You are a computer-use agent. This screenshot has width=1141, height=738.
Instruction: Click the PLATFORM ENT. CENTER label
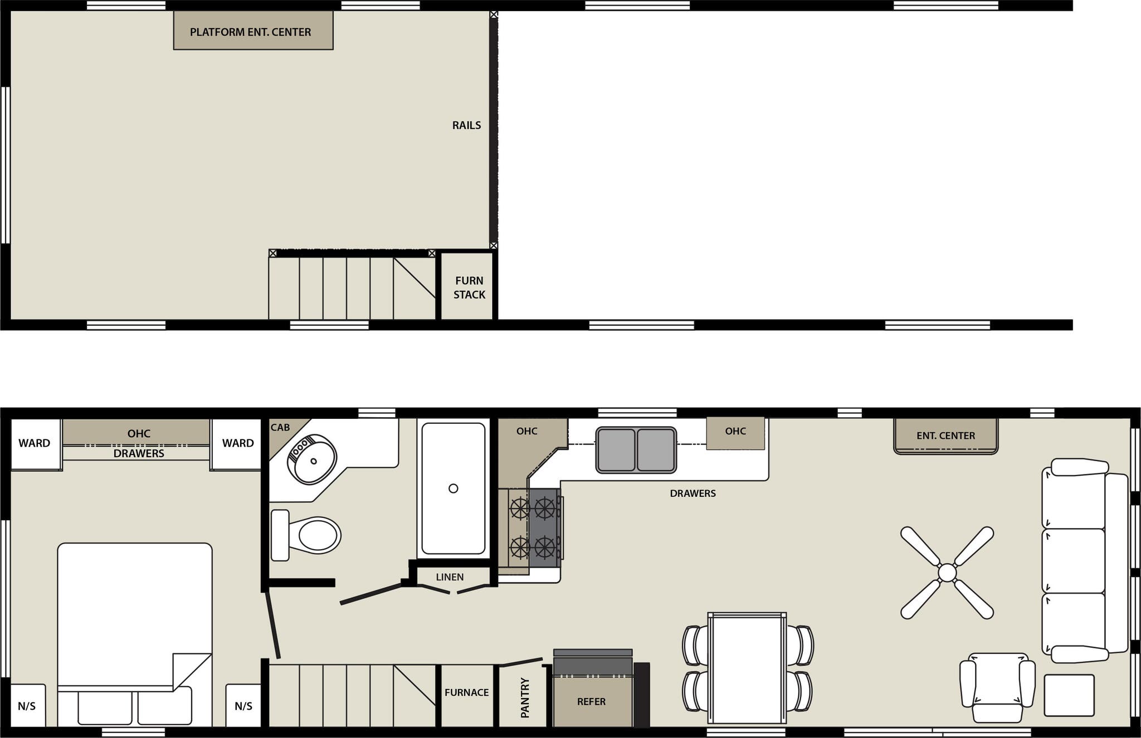pos(251,32)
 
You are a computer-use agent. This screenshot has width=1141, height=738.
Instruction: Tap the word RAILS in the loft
pos(466,125)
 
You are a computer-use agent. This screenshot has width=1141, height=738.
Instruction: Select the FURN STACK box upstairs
pos(469,287)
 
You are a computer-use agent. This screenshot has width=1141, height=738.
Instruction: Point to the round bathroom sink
pos(312,460)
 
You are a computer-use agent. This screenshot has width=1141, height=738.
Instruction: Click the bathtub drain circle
pos(453,488)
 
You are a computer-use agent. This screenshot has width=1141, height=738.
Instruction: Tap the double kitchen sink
pos(636,449)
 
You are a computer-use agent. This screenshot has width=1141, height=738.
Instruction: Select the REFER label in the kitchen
pos(591,702)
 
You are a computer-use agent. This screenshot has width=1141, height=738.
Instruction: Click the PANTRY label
pos(525,697)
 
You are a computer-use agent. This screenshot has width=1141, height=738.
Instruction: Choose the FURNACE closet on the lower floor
pos(466,692)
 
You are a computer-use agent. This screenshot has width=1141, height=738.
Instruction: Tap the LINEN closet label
pos(450,577)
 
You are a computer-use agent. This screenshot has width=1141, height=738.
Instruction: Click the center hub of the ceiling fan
pos(947,573)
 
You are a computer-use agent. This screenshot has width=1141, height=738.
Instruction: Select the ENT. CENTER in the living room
pos(945,436)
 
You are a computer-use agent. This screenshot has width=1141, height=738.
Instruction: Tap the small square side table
pos(1069,695)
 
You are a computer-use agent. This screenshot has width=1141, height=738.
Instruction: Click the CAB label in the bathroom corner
pos(280,428)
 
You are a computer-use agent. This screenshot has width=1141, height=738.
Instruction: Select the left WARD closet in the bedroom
pos(35,443)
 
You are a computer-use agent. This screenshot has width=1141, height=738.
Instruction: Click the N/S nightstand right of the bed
pos(243,706)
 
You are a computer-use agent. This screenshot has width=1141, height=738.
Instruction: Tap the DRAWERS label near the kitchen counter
pos(693,493)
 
